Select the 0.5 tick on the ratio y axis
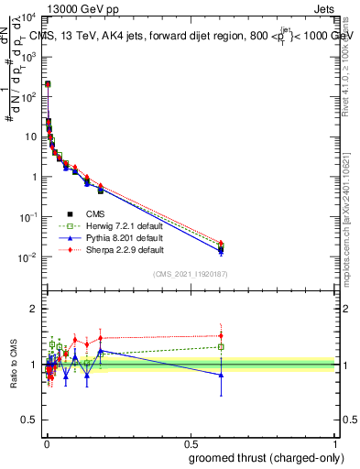[31, 420]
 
